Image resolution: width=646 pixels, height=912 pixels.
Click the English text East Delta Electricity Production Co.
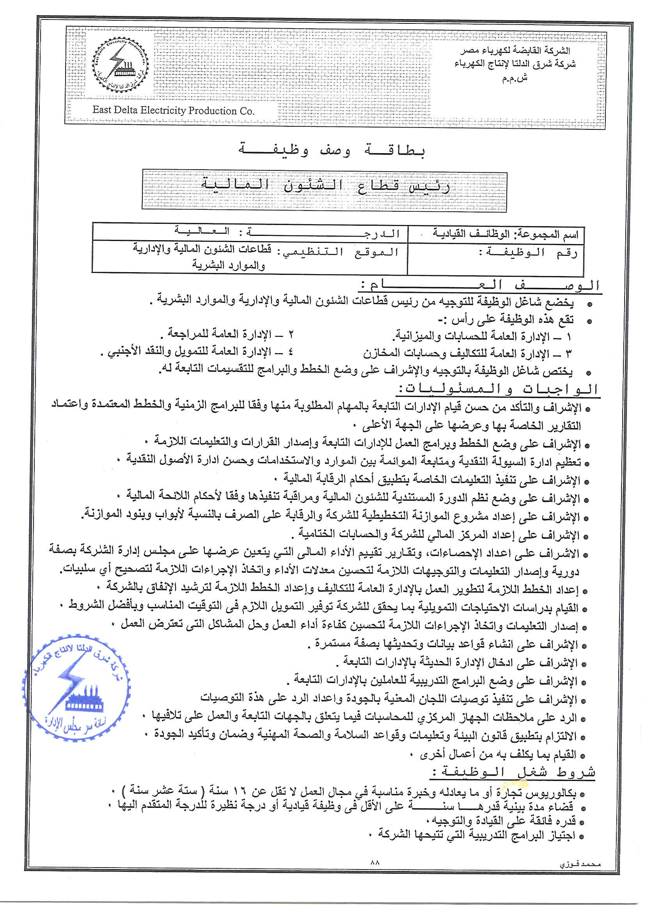tap(173, 110)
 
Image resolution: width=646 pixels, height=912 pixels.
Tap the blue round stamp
tap(76, 688)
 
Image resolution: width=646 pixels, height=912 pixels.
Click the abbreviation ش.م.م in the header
tap(514, 78)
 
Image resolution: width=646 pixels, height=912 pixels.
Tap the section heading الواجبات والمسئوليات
tap(497, 389)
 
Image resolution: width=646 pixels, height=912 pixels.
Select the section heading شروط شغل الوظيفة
tap(513, 772)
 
